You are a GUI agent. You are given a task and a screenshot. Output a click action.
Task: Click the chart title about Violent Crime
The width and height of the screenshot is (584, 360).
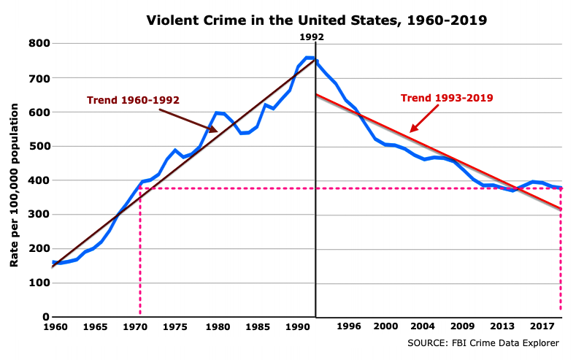[x=316, y=20]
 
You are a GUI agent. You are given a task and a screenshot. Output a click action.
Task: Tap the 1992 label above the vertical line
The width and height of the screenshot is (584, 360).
[x=312, y=37]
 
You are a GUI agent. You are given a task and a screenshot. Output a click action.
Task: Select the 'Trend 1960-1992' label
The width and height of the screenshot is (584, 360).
[x=133, y=100]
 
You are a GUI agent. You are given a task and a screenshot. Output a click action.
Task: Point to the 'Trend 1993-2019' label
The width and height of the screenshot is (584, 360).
[x=447, y=98]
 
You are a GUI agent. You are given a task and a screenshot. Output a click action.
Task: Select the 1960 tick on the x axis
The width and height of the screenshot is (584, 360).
[x=56, y=328]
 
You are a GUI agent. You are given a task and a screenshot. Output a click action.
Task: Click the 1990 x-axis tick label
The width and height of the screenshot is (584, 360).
[x=295, y=328]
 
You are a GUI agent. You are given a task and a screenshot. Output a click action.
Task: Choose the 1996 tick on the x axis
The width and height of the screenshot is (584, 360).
[x=349, y=328]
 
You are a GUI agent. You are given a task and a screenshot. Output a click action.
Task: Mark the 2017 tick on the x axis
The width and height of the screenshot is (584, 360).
[x=541, y=328]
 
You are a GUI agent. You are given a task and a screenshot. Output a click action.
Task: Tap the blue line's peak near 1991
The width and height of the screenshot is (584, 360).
[x=308, y=57]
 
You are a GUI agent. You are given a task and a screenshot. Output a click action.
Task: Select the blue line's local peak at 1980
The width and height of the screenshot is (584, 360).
[x=216, y=112]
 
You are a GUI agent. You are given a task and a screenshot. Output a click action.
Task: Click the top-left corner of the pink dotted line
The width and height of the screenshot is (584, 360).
[x=139, y=188]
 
